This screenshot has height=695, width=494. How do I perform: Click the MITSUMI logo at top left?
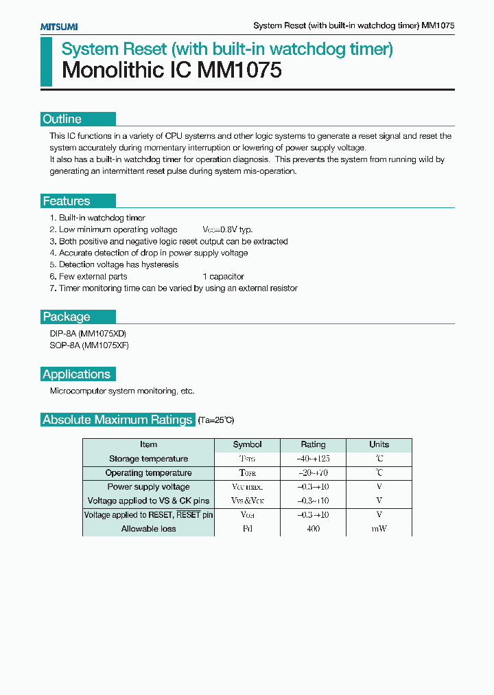click(x=58, y=26)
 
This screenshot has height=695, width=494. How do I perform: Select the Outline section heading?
click(x=62, y=119)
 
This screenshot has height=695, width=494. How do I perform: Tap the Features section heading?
click(x=67, y=201)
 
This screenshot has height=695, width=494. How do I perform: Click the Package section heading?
click(x=67, y=317)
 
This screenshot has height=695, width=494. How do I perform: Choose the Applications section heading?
click(x=76, y=374)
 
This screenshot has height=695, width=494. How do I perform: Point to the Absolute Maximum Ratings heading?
click(x=117, y=420)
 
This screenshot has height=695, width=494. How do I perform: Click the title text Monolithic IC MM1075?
click(x=172, y=71)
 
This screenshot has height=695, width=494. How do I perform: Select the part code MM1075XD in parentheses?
click(x=102, y=334)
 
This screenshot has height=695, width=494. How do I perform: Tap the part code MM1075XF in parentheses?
click(x=105, y=345)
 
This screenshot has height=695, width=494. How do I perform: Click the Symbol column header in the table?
click(x=247, y=444)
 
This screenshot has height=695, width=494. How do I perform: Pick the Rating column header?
click(x=313, y=444)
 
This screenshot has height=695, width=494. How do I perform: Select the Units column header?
click(x=379, y=444)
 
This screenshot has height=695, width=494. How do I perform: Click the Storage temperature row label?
click(x=148, y=459)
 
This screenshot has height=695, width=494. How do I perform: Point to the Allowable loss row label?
click(x=148, y=529)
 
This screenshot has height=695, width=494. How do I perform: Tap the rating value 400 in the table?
click(x=313, y=529)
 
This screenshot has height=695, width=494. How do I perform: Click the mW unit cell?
click(x=379, y=529)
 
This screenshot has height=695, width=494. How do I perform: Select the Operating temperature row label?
click(x=148, y=473)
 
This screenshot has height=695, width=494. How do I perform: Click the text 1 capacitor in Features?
click(x=223, y=277)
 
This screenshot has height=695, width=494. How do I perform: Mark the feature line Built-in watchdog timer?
click(x=102, y=218)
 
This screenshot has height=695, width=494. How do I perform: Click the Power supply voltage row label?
click(x=148, y=487)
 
